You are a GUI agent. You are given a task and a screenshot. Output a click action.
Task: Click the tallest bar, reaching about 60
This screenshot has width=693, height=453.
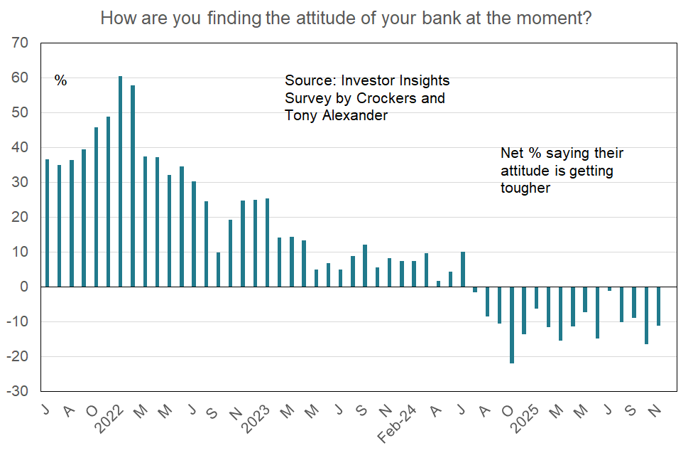(x=120, y=181)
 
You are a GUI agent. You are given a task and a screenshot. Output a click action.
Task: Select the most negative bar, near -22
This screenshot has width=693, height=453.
(x=512, y=325)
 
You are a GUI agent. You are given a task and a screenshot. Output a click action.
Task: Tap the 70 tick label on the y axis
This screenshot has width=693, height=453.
(x=21, y=43)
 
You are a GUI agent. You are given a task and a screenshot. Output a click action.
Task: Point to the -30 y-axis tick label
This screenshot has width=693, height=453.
(x=18, y=391)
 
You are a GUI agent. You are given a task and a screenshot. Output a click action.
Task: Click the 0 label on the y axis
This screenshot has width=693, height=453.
(x=24, y=287)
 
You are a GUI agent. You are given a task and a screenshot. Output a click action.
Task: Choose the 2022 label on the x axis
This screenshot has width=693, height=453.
(x=109, y=419)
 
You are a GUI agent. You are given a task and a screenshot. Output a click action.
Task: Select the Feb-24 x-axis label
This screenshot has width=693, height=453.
(x=397, y=424)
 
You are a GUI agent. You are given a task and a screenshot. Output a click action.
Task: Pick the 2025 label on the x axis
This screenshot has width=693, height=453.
(x=525, y=419)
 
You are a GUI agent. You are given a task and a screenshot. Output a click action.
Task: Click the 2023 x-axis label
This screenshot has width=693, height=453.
(x=256, y=419)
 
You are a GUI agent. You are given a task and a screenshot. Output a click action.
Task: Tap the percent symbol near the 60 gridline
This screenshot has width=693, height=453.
(x=60, y=80)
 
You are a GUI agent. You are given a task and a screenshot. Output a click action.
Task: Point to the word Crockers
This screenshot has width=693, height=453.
(x=386, y=98)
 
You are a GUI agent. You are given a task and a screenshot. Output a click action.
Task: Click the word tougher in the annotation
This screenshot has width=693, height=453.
(x=525, y=188)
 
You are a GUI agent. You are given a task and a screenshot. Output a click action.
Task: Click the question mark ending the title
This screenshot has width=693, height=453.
(x=587, y=18)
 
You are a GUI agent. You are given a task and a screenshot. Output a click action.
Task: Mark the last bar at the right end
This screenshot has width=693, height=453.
(x=658, y=307)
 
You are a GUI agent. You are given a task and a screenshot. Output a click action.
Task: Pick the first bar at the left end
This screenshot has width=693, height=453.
(x=48, y=223)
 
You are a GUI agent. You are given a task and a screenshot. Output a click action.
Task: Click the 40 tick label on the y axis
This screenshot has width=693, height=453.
(x=21, y=147)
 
